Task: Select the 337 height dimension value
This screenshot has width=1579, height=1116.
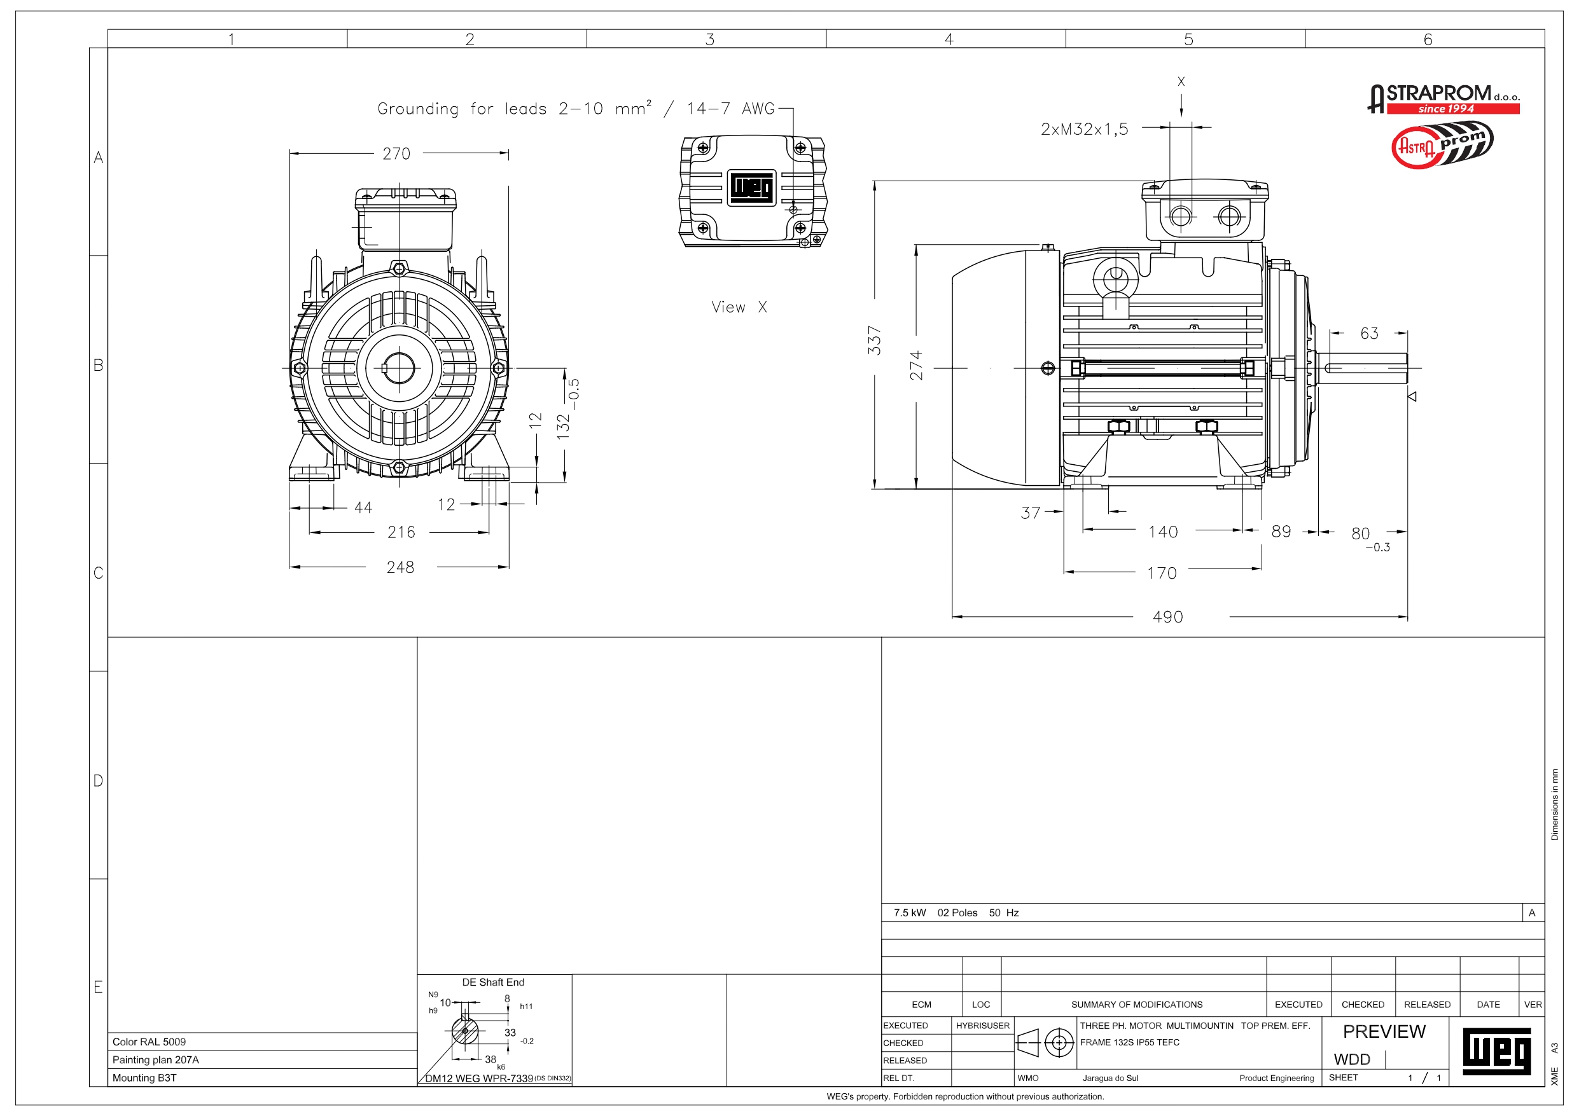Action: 874,340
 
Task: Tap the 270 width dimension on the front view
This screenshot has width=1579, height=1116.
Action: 396,154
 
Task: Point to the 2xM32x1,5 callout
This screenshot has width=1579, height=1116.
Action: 1084,129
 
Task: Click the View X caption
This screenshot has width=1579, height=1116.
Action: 739,307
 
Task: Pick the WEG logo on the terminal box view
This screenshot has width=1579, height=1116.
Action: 752,187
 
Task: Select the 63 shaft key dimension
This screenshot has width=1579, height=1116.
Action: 1368,333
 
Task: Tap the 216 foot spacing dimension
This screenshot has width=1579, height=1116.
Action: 401,532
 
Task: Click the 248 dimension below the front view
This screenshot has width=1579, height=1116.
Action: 400,567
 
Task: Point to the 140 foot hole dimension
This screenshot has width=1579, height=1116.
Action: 1163,532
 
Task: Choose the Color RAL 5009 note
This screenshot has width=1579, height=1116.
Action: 150,1042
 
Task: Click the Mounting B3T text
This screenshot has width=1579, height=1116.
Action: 144,1077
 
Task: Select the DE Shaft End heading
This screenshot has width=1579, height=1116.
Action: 493,982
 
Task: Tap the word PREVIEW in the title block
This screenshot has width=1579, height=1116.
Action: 1384,1031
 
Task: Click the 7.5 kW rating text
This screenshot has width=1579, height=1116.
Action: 909,913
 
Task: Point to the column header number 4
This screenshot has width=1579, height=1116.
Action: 949,39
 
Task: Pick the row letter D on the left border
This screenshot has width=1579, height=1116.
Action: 99,780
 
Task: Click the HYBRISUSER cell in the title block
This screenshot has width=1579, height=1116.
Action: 982,1025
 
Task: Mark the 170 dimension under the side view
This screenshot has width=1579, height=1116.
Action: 1162,573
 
